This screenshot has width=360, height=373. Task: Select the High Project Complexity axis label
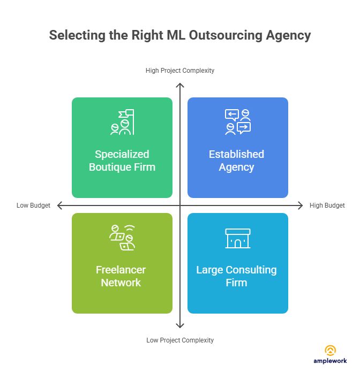click(x=180, y=71)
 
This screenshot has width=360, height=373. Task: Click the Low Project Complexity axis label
click(x=180, y=340)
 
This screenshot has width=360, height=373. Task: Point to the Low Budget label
click(x=33, y=205)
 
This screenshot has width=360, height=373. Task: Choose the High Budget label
click(x=327, y=205)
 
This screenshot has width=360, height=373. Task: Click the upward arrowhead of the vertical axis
click(x=181, y=86)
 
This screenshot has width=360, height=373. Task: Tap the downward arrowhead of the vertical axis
click(x=181, y=325)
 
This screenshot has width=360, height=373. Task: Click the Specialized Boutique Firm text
click(x=122, y=161)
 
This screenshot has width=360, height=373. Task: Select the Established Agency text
click(x=237, y=161)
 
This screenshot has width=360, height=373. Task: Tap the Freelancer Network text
click(x=121, y=276)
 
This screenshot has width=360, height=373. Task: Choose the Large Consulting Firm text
click(x=237, y=276)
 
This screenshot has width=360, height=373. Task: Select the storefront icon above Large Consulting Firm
click(x=237, y=238)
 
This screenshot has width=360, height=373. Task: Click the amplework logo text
click(x=331, y=362)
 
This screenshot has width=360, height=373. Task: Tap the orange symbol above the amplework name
click(x=331, y=351)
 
